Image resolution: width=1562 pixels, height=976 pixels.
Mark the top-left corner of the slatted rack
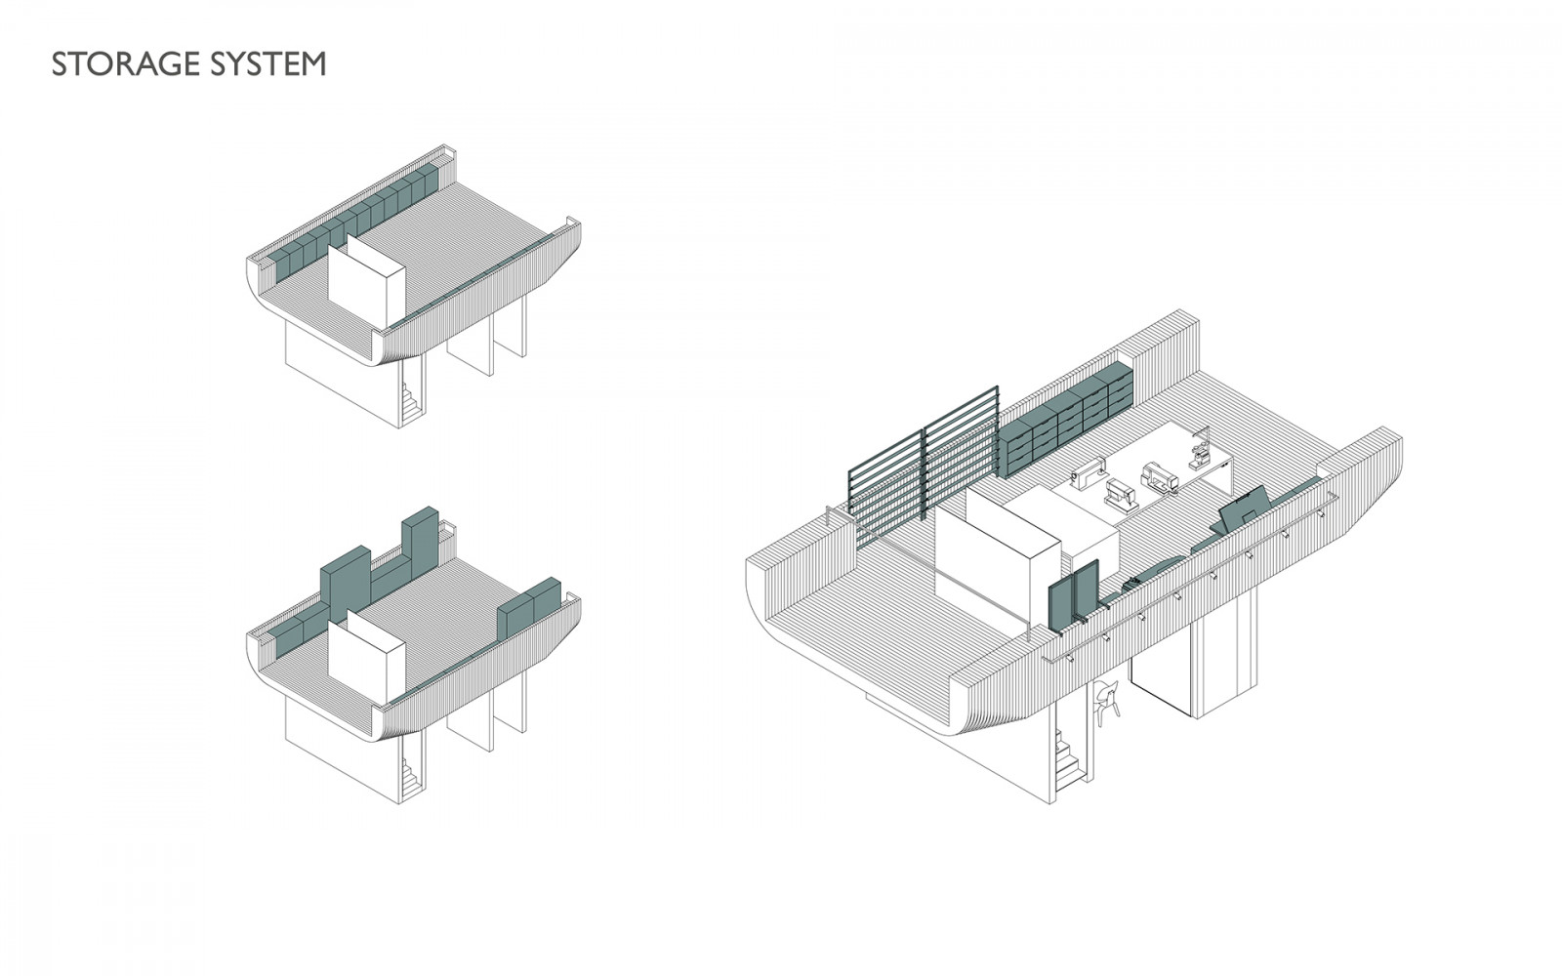point(848,472)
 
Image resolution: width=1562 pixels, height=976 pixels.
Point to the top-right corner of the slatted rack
point(998,386)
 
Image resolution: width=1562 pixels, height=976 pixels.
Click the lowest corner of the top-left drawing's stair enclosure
point(399,428)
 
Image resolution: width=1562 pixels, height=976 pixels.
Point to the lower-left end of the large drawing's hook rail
point(1044,661)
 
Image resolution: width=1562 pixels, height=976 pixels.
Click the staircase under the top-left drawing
point(411,402)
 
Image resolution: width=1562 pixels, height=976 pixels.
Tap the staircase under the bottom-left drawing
point(411,777)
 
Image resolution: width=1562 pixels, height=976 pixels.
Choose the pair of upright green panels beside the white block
point(1074,596)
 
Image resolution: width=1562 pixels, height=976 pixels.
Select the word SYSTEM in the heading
point(268,64)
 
